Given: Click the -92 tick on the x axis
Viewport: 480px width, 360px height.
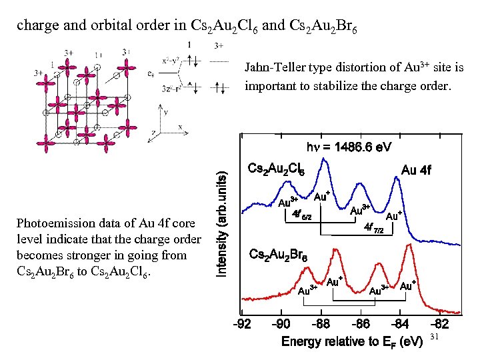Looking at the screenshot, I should (x=241, y=325).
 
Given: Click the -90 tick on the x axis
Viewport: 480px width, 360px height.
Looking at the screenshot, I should (x=281, y=325).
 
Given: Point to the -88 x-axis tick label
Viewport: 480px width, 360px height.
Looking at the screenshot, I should (x=321, y=325).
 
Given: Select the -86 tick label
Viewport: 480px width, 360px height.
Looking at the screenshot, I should (x=360, y=325).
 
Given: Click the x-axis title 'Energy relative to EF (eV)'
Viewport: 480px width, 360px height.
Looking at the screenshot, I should (x=352, y=341).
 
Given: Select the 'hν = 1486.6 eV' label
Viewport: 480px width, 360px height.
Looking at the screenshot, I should (x=349, y=146).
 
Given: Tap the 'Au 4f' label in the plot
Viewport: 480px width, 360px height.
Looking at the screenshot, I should (x=416, y=170).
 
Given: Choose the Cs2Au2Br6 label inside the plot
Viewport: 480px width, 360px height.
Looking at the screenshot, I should (x=278, y=254).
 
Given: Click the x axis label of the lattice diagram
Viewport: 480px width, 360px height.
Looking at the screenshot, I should (x=181, y=127).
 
